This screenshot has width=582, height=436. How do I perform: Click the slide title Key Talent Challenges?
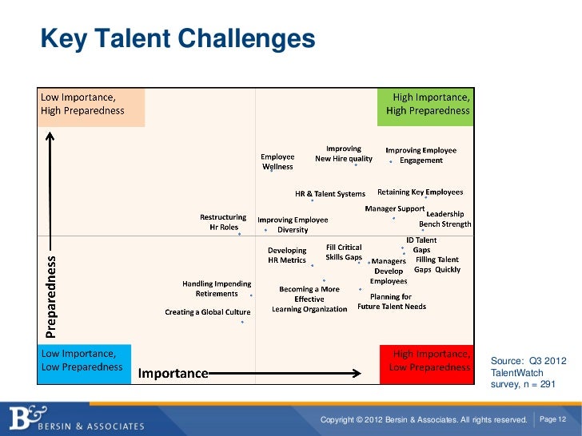(178, 38)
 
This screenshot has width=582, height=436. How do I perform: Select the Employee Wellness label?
(278, 161)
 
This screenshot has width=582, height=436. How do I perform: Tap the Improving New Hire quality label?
(343, 153)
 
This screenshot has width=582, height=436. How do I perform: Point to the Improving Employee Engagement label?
(421, 155)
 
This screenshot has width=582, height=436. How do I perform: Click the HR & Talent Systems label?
(330, 193)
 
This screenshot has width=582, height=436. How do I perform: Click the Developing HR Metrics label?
(287, 255)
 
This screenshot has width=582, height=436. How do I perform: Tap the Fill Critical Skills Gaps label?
(344, 252)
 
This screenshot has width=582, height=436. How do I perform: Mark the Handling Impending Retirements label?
(217, 288)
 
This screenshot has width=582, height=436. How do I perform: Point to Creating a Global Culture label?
(208, 312)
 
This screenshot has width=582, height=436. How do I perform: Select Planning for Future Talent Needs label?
(392, 301)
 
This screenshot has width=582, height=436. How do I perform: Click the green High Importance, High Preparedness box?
(425, 105)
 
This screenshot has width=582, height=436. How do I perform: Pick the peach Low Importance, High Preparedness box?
(92, 105)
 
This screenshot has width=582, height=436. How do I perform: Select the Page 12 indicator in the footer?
(553, 419)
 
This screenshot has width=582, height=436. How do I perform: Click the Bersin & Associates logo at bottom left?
(76, 419)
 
